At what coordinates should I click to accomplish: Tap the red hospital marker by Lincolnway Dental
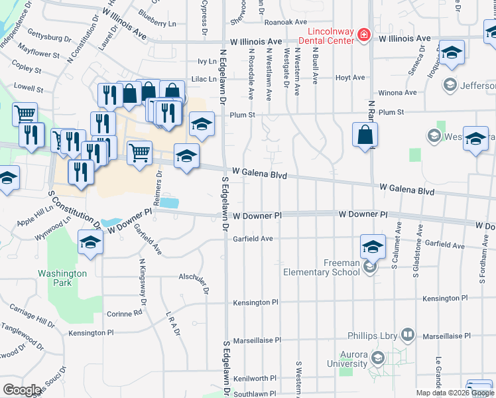(x=363, y=34)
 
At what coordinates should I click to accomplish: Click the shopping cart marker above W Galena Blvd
(x=139, y=152)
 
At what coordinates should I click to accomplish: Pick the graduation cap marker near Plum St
(x=202, y=123)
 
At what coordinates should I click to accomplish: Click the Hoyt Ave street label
(x=350, y=78)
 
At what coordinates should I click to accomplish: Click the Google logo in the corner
(x=22, y=389)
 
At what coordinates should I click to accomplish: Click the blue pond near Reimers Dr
(x=169, y=202)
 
